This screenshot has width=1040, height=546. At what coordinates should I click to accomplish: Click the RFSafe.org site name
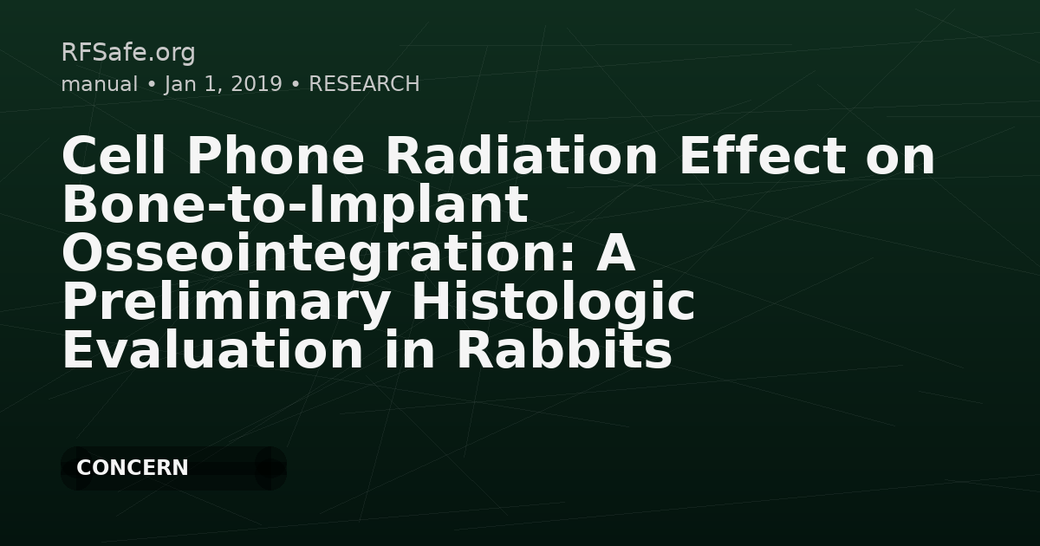coord(128,53)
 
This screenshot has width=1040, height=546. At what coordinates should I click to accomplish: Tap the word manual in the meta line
coord(99,84)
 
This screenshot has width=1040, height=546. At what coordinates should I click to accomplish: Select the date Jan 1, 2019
coord(223,84)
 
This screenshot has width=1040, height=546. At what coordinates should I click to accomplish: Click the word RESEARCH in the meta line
coord(364,84)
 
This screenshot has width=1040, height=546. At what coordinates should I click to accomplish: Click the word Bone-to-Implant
coord(295,205)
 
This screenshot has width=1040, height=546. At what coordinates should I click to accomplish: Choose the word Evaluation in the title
coord(211,351)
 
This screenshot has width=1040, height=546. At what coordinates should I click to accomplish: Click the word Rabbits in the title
coord(563,351)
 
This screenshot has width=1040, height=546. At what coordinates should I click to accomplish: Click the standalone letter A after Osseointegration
coord(617,254)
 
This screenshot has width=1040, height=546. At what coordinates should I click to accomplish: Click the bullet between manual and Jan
coord(151,85)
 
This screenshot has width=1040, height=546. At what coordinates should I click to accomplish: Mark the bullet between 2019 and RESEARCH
coord(296,85)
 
